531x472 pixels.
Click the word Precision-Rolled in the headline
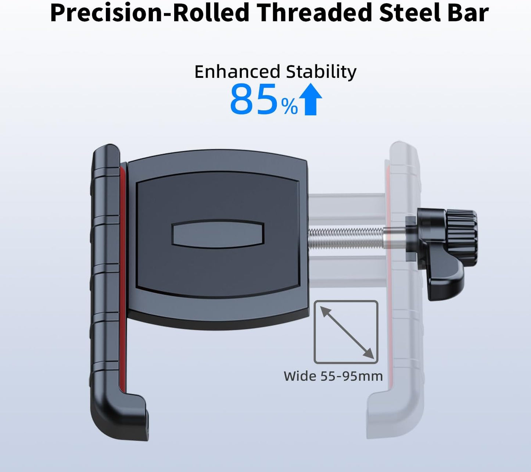tap(150, 13)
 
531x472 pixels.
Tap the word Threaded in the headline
tap(313, 13)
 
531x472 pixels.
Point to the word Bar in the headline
tap(469, 13)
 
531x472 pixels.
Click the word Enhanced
tap(237, 72)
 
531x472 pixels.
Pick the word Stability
tap(321, 72)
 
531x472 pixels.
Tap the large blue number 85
tap(254, 100)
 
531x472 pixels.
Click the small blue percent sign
tap(290, 107)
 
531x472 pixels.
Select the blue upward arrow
tap(311, 99)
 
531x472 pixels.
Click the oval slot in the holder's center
tap(218, 234)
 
